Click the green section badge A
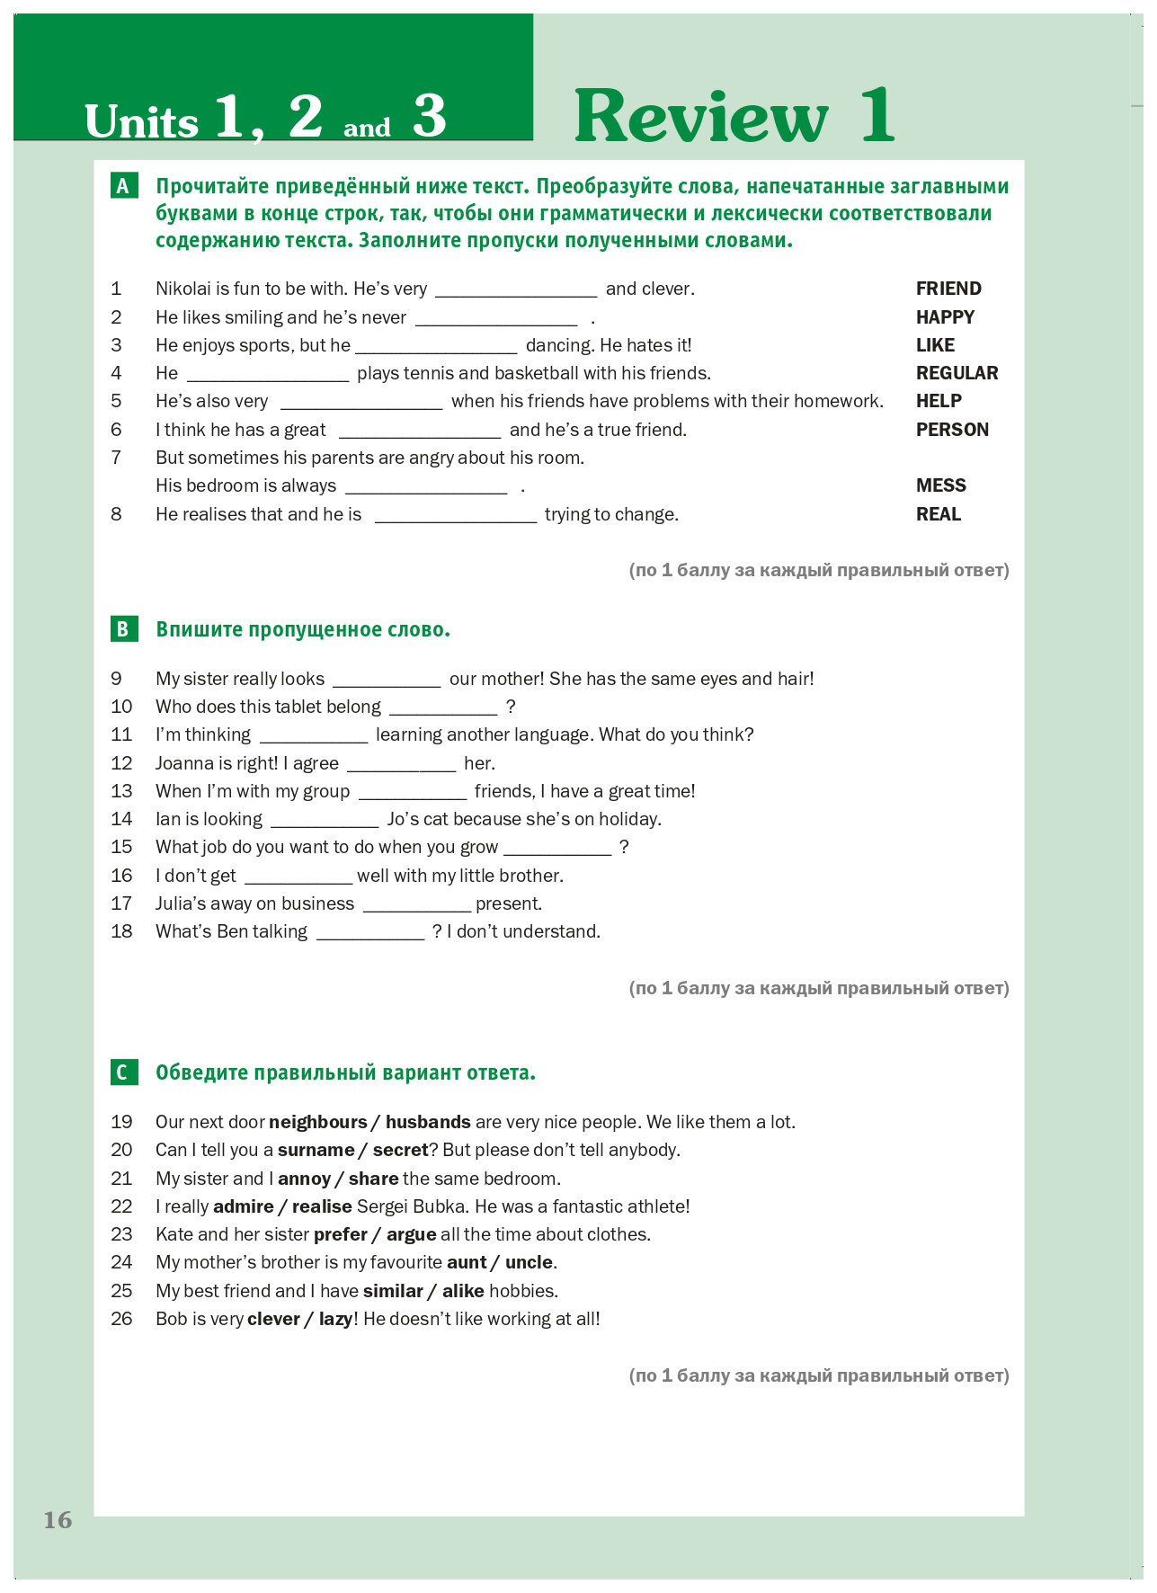[x=124, y=186]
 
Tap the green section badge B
[x=124, y=629]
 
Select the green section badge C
[x=124, y=1072]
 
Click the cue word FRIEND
[x=948, y=289]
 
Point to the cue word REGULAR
[x=957, y=373]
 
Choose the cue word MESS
[x=940, y=485]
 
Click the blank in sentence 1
[x=516, y=290]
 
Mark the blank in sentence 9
[x=387, y=681]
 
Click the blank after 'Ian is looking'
[x=325, y=821]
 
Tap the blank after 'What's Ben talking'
[x=370, y=933]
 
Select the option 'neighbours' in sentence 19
[x=318, y=1122]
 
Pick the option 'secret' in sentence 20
[x=400, y=1150]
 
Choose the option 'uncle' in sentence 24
[x=529, y=1262]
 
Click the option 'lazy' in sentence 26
[x=334, y=1319]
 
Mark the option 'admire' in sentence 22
[x=244, y=1206]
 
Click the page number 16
[x=58, y=1520]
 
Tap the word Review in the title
[x=701, y=117]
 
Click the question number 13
[x=121, y=791]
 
